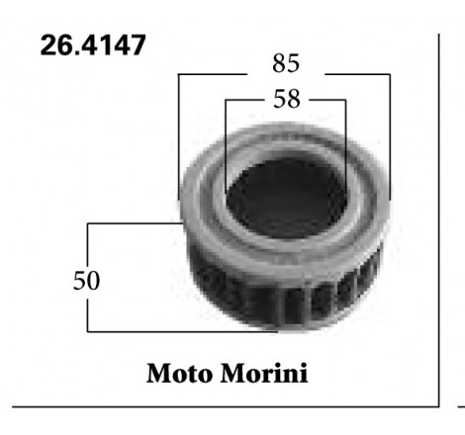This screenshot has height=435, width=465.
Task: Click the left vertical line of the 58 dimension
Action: [226, 138]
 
